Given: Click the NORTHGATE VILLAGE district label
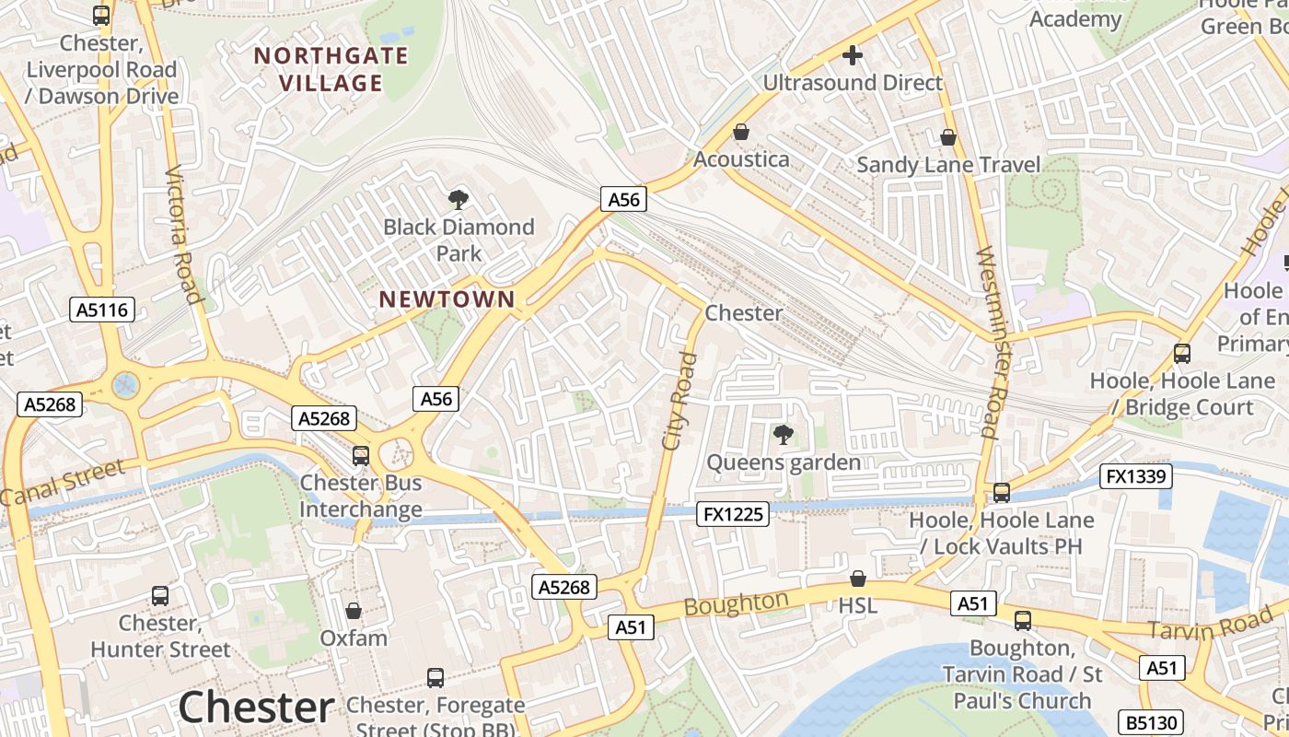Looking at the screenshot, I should [x=331, y=69].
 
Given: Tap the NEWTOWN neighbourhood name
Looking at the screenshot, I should [x=447, y=298].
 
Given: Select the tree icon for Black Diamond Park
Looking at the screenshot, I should [x=458, y=199].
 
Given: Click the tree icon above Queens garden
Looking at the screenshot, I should [x=783, y=434].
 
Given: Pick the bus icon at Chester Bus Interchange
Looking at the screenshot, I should [x=361, y=455].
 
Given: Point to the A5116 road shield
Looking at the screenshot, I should [x=102, y=310].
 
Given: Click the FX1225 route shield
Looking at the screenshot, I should [x=733, y=514].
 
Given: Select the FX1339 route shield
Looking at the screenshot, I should [x=1136, y=476].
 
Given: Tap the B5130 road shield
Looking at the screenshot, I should [x=1150, y=722].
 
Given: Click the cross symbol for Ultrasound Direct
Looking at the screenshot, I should [x=853, y=55].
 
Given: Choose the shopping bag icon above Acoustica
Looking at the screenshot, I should [x=741, y=133].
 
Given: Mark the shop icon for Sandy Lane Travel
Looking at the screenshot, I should [x=948, y=138].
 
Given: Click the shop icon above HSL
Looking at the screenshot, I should [x=858, y=579].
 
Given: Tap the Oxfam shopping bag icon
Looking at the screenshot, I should [x=354, y=611].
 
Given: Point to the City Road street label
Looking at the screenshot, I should [x=679, y=401].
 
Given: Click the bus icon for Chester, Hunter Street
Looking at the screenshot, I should [x=160, y=596].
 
